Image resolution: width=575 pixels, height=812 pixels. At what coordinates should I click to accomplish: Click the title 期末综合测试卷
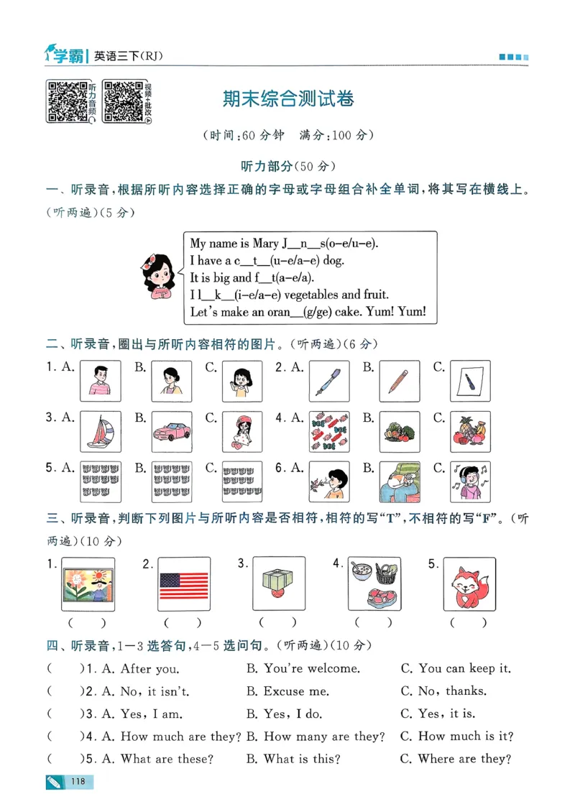pos(287,99)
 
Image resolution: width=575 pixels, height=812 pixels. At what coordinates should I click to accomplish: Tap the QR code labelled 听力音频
pos(67,101)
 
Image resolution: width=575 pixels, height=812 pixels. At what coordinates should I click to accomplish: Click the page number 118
pos(78,781)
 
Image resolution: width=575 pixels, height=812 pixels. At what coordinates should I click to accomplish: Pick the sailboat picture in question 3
pos(100,432)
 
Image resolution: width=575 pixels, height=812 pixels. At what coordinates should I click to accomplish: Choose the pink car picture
pos(171,432)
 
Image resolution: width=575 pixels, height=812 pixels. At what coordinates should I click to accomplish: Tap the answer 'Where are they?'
pos(464,759)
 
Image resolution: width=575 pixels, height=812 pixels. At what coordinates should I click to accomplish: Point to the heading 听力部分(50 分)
pos(287,166)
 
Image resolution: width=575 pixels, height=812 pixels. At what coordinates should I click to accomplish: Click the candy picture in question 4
pos(328,432)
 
